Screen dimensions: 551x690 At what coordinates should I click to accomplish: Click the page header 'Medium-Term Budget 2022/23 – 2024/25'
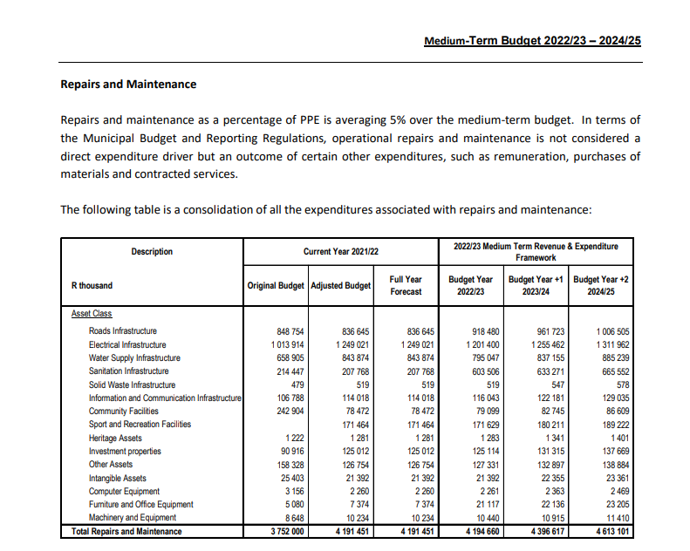(532, 40)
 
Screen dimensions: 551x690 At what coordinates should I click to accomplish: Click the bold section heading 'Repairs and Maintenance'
(128, 85)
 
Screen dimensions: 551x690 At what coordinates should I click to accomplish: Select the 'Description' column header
(153, 252)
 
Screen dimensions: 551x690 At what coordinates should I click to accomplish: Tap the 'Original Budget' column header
(276, 286)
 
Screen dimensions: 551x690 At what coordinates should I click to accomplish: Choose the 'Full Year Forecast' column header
(406, 286)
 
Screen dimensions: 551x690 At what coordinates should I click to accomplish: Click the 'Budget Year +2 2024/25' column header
(600, 286)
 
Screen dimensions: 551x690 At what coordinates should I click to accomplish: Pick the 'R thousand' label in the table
(92, 286)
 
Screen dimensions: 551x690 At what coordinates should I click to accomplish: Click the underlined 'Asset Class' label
(92, 315)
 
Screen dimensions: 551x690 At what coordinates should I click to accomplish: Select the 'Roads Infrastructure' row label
(123, 331)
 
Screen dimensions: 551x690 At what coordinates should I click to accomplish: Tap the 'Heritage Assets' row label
(115, 438)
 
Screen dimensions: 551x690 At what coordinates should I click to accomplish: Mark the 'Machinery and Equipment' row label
(133, 517)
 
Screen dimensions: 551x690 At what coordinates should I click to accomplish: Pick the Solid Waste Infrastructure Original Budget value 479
(297, 384)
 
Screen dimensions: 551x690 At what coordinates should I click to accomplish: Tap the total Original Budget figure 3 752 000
(284, 531)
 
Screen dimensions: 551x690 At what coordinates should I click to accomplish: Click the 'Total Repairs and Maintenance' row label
(126, 531)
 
